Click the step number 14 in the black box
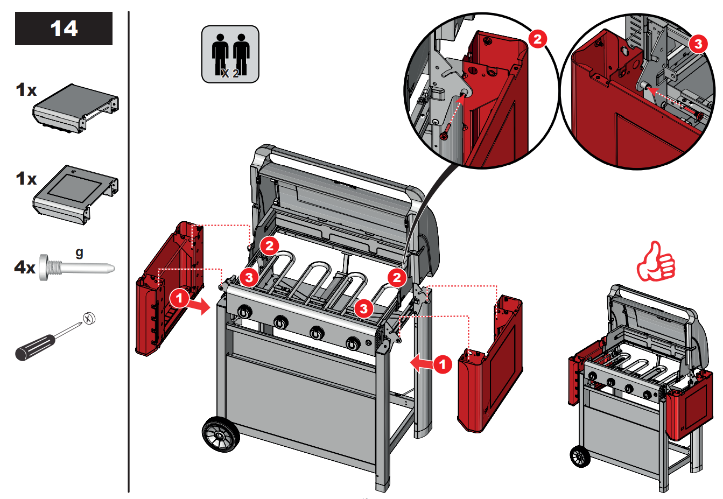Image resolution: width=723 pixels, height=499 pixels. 64,29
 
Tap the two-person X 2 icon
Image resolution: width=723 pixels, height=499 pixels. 230,54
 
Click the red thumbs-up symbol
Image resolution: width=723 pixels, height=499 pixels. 656,262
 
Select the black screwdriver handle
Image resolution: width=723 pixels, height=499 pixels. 35,347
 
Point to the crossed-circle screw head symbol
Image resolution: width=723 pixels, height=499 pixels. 89,319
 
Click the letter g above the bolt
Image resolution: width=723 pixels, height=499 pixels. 79,252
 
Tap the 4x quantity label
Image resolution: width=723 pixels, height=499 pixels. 25,267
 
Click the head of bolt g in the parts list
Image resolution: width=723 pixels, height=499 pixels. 44,267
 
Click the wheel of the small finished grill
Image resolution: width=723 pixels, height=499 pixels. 580,456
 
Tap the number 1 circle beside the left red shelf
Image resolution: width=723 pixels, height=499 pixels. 179,298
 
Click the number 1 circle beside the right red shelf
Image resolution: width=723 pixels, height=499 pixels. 443,364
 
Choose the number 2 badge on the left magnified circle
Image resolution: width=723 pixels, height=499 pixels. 537,39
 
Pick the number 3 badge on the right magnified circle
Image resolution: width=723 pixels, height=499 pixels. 698,44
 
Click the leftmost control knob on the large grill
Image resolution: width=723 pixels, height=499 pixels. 244,312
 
